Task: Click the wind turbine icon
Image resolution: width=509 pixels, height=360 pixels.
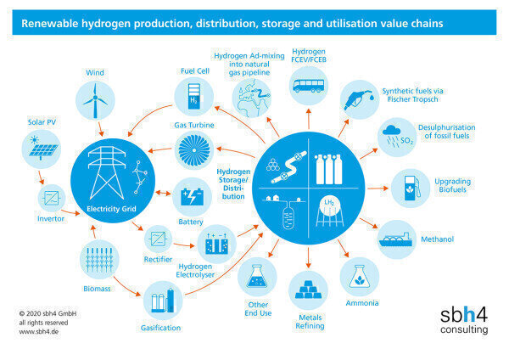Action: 94,100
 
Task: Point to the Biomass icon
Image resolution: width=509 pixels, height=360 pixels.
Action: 98,259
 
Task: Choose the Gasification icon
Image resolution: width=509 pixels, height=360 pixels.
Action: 164,301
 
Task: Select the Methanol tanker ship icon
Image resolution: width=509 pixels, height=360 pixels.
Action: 397,239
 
